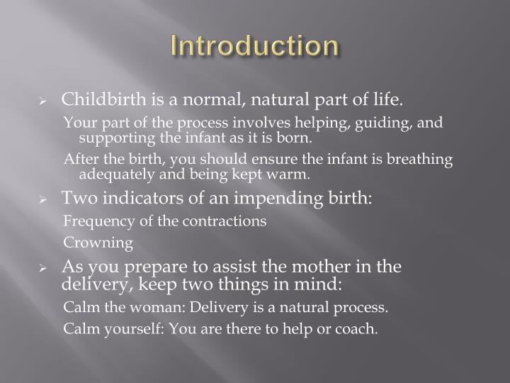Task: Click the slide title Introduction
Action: (x=255, y=46)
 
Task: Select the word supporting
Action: (x=115, y=136)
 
